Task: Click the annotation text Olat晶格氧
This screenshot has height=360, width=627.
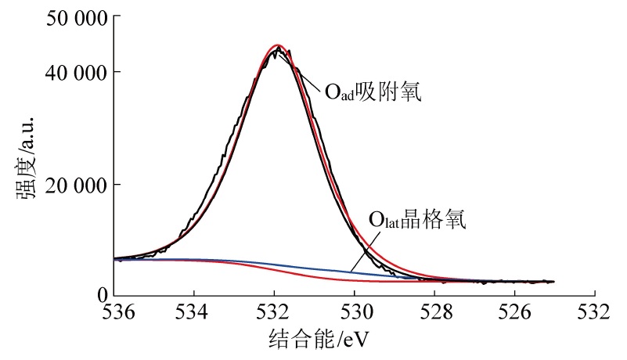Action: [417, 221]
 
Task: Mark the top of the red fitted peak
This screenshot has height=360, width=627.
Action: [276, 45]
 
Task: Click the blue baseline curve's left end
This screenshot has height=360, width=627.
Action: [116, 259]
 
